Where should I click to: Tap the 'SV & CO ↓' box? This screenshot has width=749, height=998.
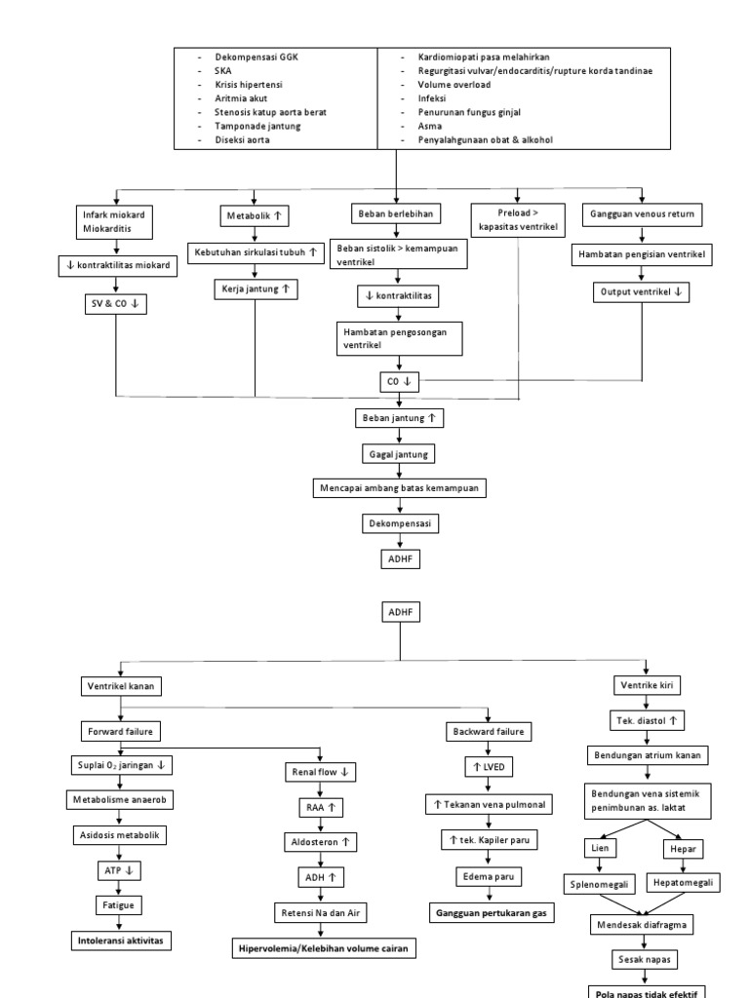(116, 303)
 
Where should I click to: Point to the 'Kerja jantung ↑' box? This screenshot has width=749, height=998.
(256, 289)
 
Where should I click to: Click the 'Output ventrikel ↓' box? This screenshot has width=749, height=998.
(642, 291)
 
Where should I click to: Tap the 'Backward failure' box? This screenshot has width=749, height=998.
(489, 731)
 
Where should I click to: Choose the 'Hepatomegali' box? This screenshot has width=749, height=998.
(682, 883)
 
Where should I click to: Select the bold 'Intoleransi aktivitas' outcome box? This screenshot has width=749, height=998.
(118, 940)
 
